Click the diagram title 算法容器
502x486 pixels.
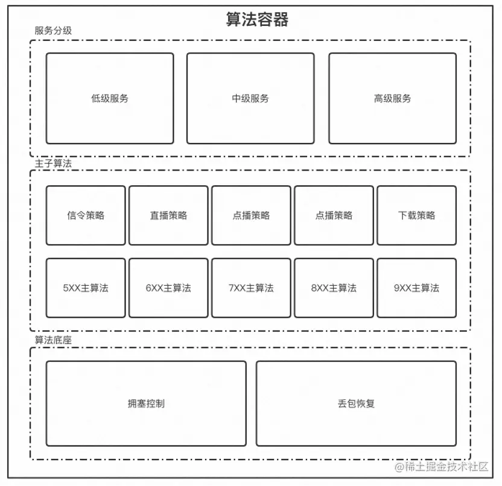point(257,19)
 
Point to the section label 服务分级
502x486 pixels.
point(53,31)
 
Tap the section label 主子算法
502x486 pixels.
point(53,163)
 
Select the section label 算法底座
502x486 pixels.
point(53,340)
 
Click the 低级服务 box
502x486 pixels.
point(110,98)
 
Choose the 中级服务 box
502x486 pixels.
point(250,98)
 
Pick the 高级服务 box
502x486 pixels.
point(392,98)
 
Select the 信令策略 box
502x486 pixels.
point(86,215)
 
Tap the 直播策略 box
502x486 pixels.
point(168,215)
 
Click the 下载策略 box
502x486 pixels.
point(416,215)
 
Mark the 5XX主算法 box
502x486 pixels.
point(86,288)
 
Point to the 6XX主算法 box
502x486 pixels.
point(168,288)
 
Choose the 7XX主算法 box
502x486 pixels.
point(251,288)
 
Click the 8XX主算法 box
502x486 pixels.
point(334,288)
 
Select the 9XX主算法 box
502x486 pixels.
point(416,288)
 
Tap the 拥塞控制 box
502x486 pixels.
point(146,403)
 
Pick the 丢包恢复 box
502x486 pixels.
point(356,403)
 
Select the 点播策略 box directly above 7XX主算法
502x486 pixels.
point(251,215)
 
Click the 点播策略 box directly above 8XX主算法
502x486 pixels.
point(334,215)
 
